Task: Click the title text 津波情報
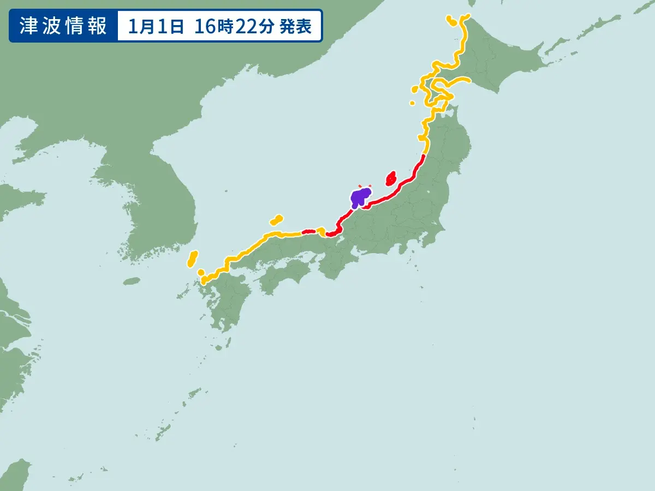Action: click(63, 27)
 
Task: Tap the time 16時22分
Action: click(234, 27)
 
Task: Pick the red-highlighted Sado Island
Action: click(391, 178)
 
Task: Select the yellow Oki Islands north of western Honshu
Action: click(277, 220)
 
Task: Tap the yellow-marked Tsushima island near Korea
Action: click(192, 259)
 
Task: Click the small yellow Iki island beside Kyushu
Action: click(201, 272)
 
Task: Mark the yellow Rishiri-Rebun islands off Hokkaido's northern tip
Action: click(451, 20)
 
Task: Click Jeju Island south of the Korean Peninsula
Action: click(132, 282)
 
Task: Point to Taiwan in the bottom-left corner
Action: click(14, 475)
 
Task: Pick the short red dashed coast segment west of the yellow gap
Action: click(309, 232)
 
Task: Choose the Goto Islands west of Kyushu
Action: click(182, 295)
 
